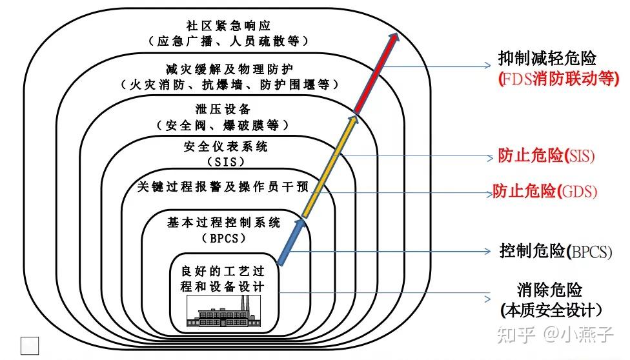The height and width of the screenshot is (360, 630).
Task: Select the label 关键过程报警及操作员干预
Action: pos(223,187)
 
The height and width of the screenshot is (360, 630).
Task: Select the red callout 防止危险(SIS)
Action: pos(546,156)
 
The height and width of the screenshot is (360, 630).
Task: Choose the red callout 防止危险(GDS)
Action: pos(545,191)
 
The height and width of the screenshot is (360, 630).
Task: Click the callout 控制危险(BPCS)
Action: pos(555,251)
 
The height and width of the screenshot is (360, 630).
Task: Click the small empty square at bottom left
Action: pos(30,345)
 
